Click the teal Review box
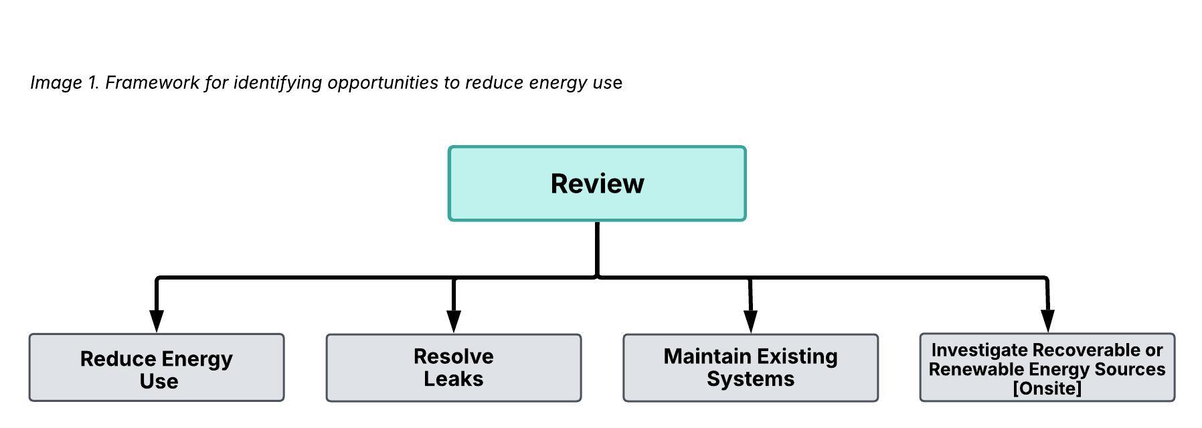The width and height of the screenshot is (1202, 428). click(597, 183)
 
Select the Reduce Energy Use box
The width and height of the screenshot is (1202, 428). click(157, 368)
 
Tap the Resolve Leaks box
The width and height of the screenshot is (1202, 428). click(454, 368)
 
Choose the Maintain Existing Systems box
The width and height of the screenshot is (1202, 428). click(751, 368)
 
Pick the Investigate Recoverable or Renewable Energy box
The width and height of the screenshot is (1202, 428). click(1047, 368)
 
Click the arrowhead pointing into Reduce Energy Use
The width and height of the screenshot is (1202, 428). click(157, 321)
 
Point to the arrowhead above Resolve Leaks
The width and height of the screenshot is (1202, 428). click(454, 322)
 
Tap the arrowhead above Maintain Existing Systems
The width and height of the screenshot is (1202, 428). click(751, 322)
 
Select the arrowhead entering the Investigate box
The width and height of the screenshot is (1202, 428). click(1048, 321)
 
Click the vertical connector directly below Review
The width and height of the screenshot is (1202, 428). click(597, 249)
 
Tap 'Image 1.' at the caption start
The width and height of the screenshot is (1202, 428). click(65, 82)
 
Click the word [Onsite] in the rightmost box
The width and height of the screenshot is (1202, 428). click(1047, 389)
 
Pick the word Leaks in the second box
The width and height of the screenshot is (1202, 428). click(454, 379)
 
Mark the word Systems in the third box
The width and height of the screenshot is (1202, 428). click(751, 379)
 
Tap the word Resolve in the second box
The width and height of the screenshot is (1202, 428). click(454, 356)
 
